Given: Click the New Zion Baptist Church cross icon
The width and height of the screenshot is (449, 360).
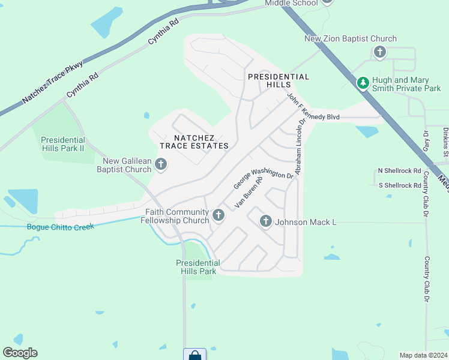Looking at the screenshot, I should click(379, 52).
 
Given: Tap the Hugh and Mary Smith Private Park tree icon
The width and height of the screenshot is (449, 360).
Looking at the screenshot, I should click(363, 83).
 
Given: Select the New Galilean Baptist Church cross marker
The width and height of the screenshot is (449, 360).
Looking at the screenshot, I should click(160, 164).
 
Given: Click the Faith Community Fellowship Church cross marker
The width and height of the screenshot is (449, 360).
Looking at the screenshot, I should click(218, 214).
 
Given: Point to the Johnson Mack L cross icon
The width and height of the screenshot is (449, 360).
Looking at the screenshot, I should click(266, 221).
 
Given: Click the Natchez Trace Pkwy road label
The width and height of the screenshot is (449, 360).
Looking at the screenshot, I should click(53, 82).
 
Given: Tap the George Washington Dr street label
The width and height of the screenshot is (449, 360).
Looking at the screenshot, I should click(263, 178).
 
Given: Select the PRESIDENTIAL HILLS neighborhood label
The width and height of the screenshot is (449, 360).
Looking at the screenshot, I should click(279, 81).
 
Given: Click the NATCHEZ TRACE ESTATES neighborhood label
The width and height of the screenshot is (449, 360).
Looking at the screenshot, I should click(194, 142).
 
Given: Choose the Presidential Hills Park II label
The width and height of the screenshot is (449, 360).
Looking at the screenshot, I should click(62, 144).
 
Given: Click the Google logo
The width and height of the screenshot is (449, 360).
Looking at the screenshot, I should click(20, 353).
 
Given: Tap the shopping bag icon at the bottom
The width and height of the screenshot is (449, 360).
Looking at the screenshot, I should click(195, 355).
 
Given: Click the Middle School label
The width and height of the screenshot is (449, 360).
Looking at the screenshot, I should click(292, 3).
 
